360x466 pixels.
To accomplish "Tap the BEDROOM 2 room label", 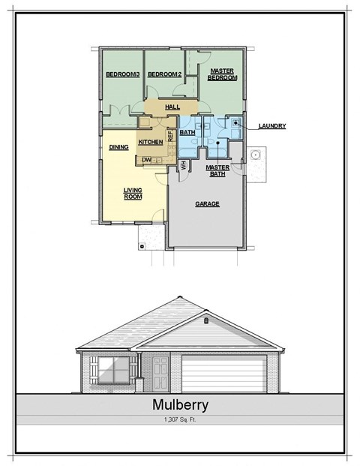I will (x=164, y=74).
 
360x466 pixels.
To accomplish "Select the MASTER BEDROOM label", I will (x=223, y=74).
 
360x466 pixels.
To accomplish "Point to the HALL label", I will (x=172, y=108).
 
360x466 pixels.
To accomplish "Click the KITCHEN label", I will (x=151, y=142).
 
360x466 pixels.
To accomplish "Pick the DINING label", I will (x=118, y=147).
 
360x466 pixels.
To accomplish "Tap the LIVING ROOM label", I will (x=133, y=194).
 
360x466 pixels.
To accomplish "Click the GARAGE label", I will (x=207, y=203).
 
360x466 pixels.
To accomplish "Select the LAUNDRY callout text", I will (x=271, y=126).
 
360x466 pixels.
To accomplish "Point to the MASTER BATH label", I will (x=217, y=170).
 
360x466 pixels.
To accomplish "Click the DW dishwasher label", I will (x=146, y=160).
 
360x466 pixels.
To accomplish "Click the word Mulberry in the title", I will (x=180, y=405).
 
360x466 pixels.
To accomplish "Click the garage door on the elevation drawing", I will (x=223, y=374).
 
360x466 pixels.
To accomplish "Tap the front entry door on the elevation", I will (x=160, y=373).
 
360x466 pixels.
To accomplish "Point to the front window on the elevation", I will (x=113, y=370).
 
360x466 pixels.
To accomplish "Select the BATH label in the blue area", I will (x=187, y=133).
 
